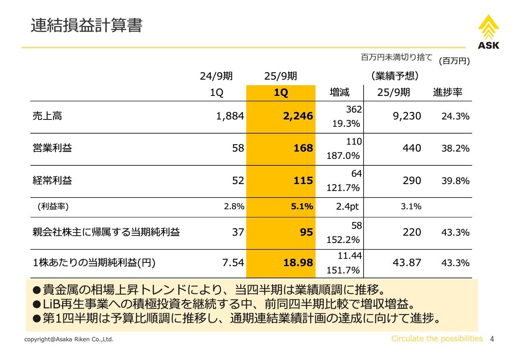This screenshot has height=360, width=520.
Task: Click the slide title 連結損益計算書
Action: (87, 26)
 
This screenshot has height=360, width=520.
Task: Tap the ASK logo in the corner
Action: (488, 32)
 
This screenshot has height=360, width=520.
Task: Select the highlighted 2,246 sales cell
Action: (298, 116)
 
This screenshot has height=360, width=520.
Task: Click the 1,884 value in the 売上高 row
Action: (230, 116)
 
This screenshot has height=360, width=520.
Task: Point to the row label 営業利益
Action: (52, 148)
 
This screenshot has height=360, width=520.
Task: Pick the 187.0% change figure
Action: (343, 156)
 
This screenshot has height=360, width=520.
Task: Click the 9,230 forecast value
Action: (407, 116)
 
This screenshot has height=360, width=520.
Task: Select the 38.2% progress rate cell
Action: (455, 148)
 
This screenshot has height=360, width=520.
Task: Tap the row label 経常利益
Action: (52, 180)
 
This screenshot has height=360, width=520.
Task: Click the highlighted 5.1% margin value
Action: (302, 206)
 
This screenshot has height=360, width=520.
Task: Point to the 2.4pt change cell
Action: (347, 206)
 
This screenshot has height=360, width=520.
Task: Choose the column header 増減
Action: (339, 92)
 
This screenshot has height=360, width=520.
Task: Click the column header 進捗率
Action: (447, 92)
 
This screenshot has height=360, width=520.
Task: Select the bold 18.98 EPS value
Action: (298, 263)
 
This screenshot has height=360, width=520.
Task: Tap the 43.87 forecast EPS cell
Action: (407, 263)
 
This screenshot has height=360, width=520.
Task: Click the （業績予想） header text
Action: (394, 76)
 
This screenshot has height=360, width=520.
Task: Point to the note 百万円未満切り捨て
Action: (396, 57)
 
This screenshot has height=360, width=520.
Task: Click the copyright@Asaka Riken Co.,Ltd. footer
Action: (69, 339)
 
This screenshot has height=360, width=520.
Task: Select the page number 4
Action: (492, 339)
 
